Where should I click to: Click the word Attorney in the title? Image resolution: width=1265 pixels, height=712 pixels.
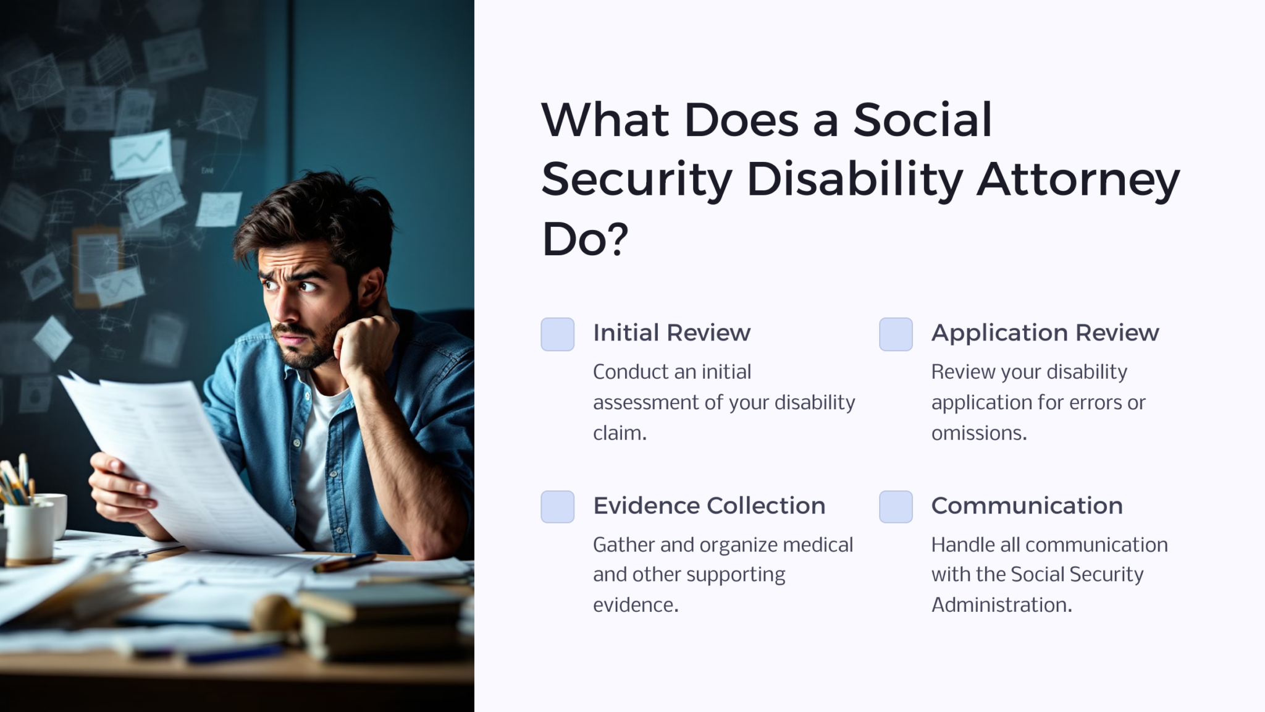pos(1077,179)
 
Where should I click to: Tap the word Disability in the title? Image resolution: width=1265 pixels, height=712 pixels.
pos(854,179)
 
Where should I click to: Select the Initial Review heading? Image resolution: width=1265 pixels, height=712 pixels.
pos(671,333)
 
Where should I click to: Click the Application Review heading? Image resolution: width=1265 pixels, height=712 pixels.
pos(1045,333)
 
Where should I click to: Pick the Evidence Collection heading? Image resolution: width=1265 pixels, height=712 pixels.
pos(709,506)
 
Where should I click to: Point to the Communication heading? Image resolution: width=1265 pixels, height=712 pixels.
pos(1027,506)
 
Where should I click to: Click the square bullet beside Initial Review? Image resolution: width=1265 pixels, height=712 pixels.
pos(558,334)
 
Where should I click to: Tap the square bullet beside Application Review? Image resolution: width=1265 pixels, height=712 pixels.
pos(896,334)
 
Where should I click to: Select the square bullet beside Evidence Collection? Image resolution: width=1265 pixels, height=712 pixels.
pos(558,507)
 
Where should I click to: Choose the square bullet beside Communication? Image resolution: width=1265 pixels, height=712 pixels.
pos(896,507)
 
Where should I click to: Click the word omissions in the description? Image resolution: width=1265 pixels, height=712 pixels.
pos(978,433)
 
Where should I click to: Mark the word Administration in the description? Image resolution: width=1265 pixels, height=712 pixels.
pos(1001,604)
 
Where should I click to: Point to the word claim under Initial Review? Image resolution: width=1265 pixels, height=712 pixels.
pos(619,433)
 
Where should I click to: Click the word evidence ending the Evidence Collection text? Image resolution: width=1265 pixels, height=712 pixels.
pos(635,604)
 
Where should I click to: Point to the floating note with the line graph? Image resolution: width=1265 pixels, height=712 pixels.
pos(141,153)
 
